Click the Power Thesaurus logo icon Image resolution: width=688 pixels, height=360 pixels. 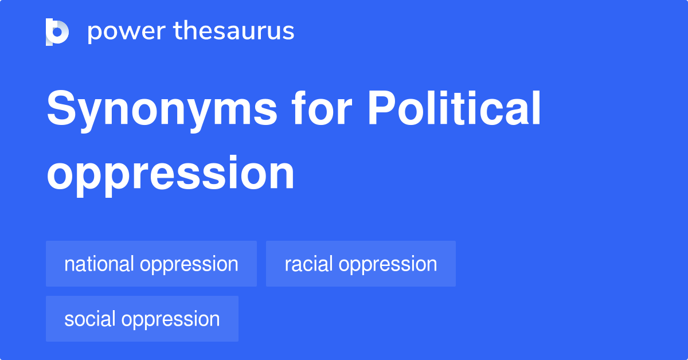[57, 32]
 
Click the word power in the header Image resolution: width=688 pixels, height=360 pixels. [127, 32]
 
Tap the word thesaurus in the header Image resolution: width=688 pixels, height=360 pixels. [234, 30]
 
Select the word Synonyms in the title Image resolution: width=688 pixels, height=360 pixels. [162, 111]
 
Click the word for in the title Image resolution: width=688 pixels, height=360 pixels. [322, 108]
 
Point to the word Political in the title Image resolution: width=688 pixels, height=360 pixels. [454, 108]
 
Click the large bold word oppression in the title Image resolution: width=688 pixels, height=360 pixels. [170, 175]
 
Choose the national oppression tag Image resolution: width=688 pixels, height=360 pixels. [151, 264]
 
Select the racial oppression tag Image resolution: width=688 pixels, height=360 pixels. [361, 264]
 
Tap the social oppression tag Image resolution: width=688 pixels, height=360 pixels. [142, 319]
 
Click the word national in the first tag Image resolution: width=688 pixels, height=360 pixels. [99, 264]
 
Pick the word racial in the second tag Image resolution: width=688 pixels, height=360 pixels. [308, 264]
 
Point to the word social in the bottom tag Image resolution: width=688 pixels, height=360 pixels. [89, 319]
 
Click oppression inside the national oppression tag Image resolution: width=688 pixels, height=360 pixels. [189, 265]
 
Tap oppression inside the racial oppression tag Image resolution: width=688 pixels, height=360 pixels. [388, 265]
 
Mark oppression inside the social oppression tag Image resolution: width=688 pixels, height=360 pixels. [170, 320]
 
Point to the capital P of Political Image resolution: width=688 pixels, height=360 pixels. [381, 108]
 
